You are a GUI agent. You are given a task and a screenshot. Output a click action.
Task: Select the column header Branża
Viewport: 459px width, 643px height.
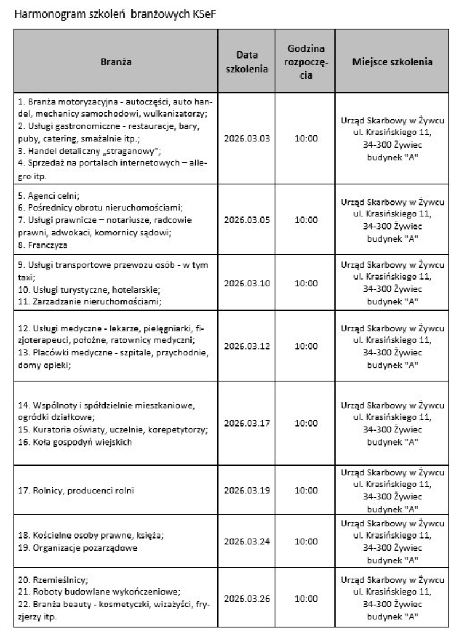[116, 62]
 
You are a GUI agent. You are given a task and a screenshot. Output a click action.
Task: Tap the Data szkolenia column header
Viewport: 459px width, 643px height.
[246, 62]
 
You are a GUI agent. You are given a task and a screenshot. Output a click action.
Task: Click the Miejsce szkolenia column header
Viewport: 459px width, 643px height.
[392, 62]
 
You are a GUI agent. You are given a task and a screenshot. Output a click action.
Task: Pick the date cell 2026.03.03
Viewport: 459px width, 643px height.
[246, 139]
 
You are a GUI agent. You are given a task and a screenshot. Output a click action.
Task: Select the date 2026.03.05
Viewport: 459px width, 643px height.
[246, 220]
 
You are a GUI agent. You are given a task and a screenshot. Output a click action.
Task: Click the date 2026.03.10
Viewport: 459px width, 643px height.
[246, 283]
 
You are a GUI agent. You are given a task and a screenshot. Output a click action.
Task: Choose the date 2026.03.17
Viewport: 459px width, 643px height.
[246, 423]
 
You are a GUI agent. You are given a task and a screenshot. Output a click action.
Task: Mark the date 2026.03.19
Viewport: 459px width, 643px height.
[246, 490]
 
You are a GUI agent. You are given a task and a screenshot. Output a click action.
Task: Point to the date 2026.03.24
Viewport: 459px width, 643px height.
[246, 541]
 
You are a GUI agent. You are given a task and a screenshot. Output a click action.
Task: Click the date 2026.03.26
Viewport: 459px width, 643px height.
[246, 599]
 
